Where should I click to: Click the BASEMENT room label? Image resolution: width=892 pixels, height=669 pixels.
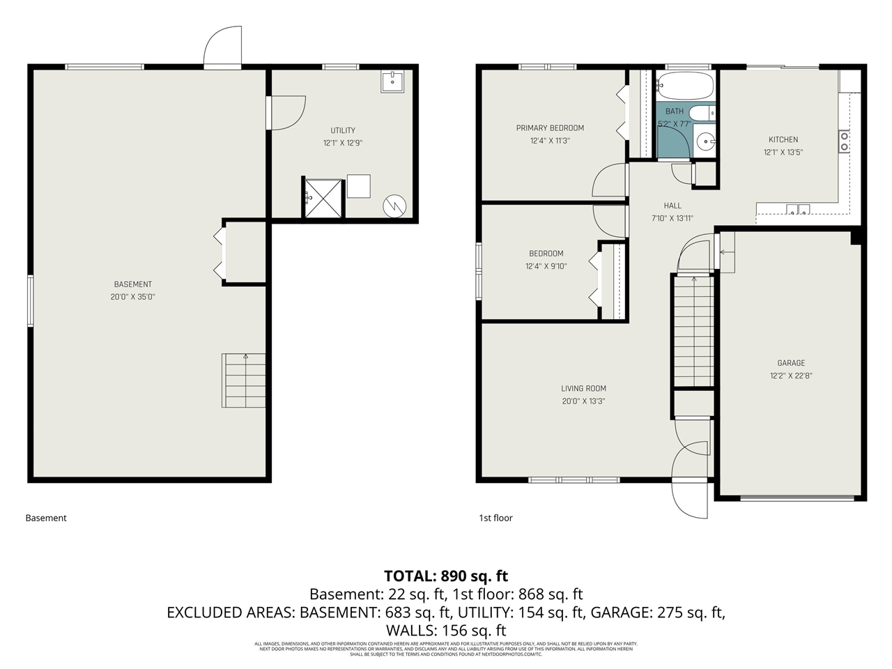point(132,284)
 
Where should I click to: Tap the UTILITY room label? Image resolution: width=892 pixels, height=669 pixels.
point(342,130)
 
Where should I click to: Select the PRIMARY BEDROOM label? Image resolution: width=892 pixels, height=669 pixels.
point(550,128)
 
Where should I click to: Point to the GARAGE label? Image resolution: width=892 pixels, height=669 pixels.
point(791,363)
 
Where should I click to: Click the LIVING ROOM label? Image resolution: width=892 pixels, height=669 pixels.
point(583,389)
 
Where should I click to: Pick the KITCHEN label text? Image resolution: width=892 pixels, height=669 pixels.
point(783,139)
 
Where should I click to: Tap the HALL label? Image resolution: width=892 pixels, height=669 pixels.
point(672,206)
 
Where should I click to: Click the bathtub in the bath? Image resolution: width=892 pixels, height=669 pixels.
point(686,86)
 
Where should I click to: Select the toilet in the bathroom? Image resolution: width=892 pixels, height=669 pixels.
point(701,113)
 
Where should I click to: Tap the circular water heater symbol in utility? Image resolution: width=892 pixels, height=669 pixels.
point(394,206)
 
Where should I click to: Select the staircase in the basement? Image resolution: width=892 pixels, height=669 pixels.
point(244,380)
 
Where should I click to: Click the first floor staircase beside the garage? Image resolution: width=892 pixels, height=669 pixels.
point(693,330)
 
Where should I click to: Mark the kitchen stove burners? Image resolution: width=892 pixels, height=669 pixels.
point(844,141)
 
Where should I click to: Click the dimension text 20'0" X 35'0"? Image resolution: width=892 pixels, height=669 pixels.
point(132,297)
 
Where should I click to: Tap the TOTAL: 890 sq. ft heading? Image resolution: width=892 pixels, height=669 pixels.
point(446,576)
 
